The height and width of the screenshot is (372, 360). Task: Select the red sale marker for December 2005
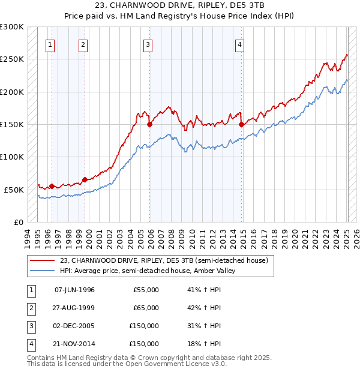[150, 125]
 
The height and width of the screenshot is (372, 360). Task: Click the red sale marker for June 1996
[52, 186]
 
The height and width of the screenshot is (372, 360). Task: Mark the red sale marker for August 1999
[85, 179]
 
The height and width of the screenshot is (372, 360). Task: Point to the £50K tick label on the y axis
[14, 190]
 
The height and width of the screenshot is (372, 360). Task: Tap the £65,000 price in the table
[146, 308]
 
